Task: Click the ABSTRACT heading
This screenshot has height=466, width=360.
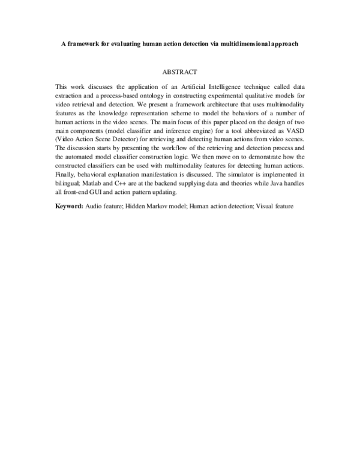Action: coord(180,71)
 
